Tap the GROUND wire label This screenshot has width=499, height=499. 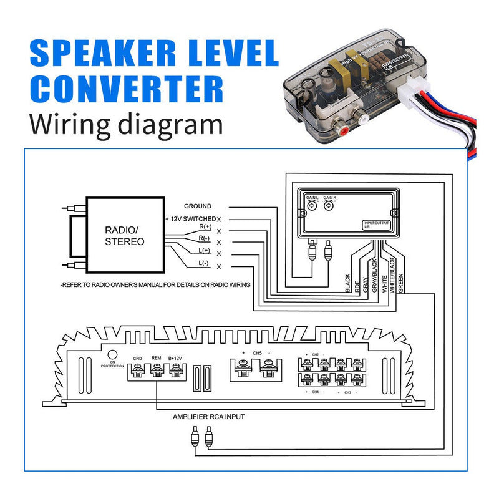197,206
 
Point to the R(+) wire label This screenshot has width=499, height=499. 205,227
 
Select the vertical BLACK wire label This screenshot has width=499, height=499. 347,284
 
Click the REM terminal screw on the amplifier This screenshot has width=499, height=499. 157,374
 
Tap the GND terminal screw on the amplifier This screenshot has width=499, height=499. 138,374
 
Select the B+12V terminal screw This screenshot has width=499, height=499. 175,374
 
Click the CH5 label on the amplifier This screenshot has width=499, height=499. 256,353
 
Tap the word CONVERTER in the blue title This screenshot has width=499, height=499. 126,90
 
